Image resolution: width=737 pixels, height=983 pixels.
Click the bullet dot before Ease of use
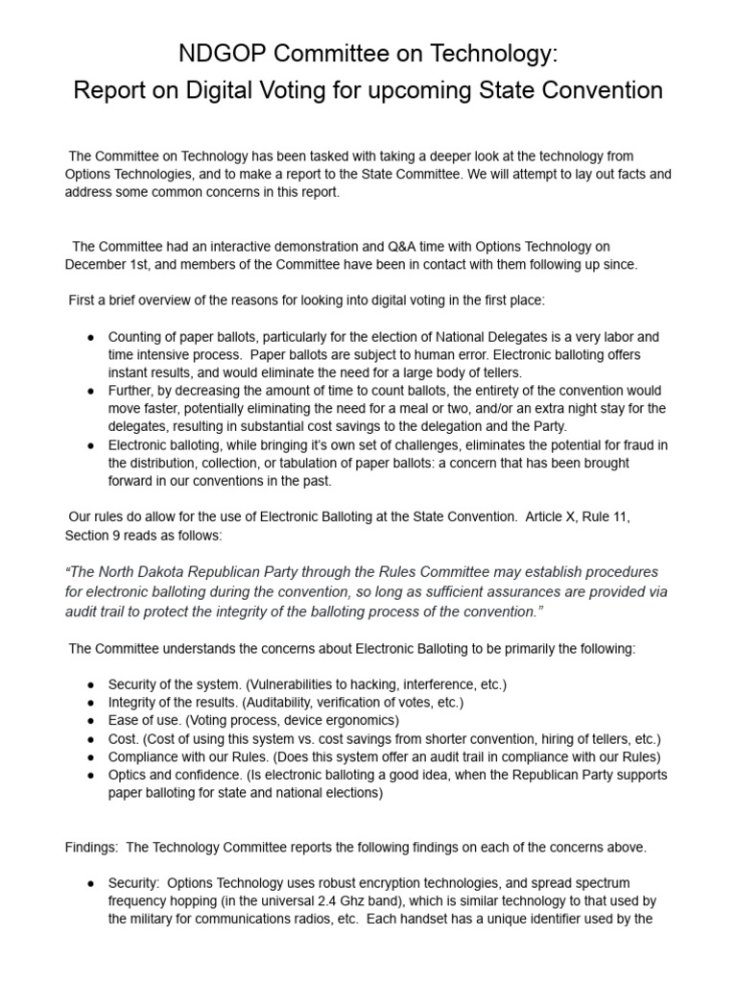90,721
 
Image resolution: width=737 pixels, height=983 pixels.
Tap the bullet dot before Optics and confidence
90,776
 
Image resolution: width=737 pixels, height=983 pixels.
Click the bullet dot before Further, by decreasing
90,392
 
